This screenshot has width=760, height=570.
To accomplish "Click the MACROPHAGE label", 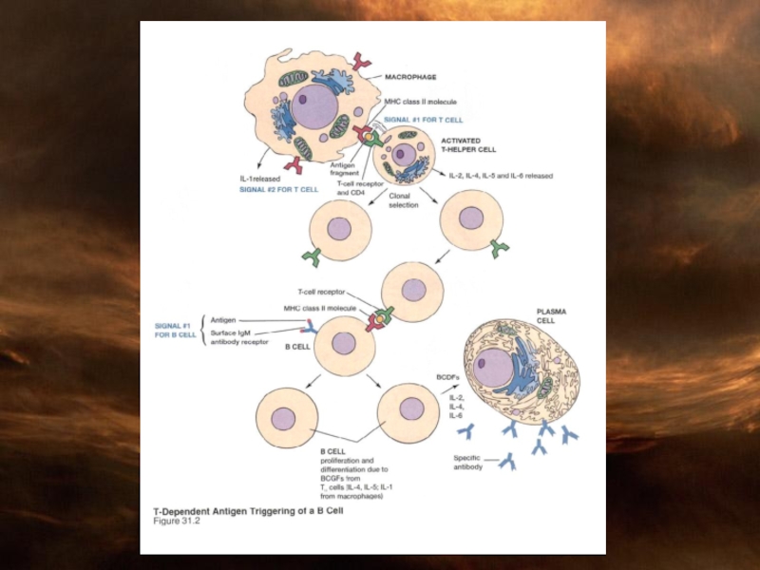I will click(411, 76).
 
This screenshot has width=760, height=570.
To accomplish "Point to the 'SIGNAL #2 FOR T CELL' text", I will click(278, 189).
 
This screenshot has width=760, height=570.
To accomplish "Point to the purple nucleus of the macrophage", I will click(313, 108).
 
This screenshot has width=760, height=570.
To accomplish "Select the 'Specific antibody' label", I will click(468, 463).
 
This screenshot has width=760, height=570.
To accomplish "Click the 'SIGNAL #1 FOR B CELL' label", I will click(176, 331).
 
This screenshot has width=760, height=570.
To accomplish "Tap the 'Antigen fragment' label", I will click(343, 167).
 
